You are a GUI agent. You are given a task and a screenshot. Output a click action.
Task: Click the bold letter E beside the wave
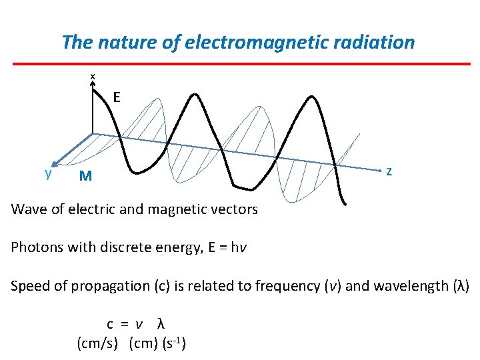click(117, 97)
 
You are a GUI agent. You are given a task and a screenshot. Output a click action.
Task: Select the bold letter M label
click(85, 177)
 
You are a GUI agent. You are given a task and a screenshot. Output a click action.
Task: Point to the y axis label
click(48, 173)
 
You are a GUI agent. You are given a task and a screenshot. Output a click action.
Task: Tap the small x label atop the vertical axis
click(93, 77)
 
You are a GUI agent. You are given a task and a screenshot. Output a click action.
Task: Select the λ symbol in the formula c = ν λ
click(160, 325)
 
